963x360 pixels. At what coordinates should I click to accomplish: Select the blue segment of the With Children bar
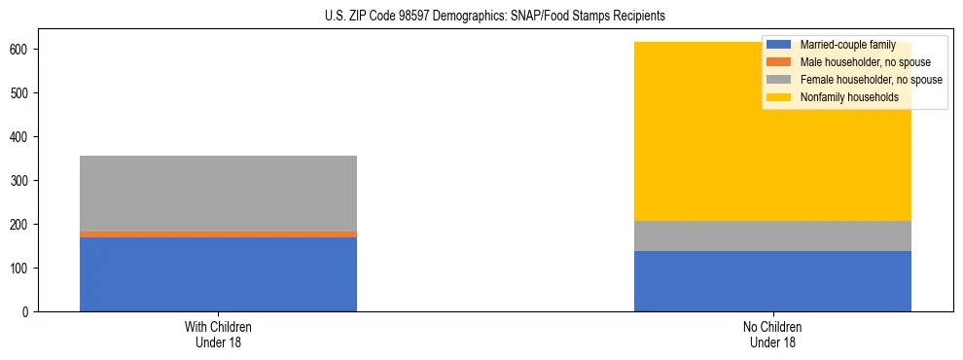click(218, 274)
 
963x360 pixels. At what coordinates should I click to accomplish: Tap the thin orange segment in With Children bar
click(218, 234)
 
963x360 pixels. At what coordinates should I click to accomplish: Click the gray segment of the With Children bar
click(218, 194)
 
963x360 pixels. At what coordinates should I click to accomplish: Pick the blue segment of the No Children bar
click(772, 281)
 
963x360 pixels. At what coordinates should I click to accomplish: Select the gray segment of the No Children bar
click(772, 236)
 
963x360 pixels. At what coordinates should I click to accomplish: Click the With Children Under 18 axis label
click(218, 334)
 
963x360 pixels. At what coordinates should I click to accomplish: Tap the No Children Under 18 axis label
click(772, 334)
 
